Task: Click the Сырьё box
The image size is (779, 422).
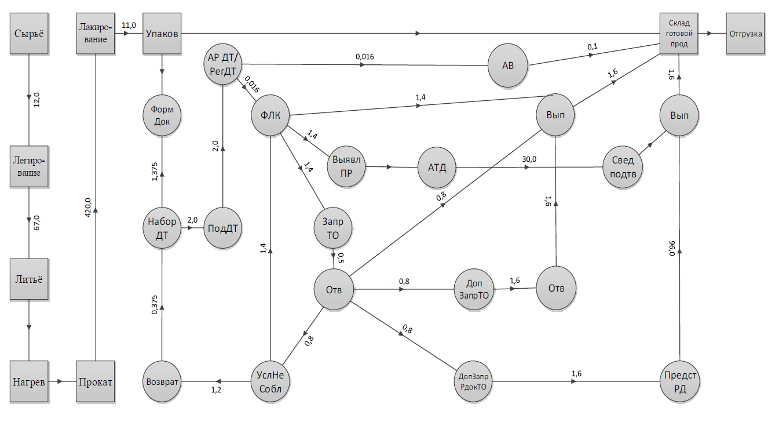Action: pyautogui.click(x=29, y=34)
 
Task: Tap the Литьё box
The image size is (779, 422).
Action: pyautogui.click(x=29, y=278)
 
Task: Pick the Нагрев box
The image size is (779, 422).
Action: pyautogui.click(x=29, y=381)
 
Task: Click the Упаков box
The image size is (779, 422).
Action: pyautogui.click(x=162, y=34)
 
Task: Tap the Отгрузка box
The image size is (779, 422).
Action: pyautogui.click(x=745, y=34)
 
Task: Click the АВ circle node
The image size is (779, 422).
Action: pyautogui.click(x=509, y=66)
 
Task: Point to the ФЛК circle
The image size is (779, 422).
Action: pyautogui.click(x=270, y=115)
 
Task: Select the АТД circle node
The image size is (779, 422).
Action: pyautogui.click(x=437, y=168)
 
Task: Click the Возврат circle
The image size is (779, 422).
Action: pyautogui.click(x=162, y=382)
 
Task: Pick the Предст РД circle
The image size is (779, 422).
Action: pyautogui.click(x=681, y=382)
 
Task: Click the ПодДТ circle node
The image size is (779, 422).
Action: pyautogui.click(x=223, y=228)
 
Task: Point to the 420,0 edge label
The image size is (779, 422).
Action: pyautogui.click(x=88, y=207)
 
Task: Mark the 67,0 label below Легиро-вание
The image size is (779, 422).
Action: pyautogui.click(x=36, y=222)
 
